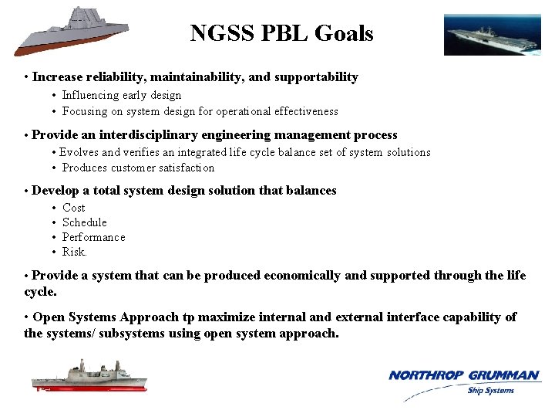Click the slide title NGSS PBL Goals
pos(281,34)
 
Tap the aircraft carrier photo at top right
pos(486,35)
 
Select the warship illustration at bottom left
pos(89,377)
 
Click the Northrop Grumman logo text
pos(464,375)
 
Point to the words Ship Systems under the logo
pos(490,390)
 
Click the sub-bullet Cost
pos(74,208)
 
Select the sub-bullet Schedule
pos(85,222)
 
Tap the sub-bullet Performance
pos(93,237)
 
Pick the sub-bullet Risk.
pos(75,252)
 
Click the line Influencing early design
pos(122,96)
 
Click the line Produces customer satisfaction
pos(138,168)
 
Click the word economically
pos(301,276)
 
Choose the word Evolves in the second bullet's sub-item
pos(79,153)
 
